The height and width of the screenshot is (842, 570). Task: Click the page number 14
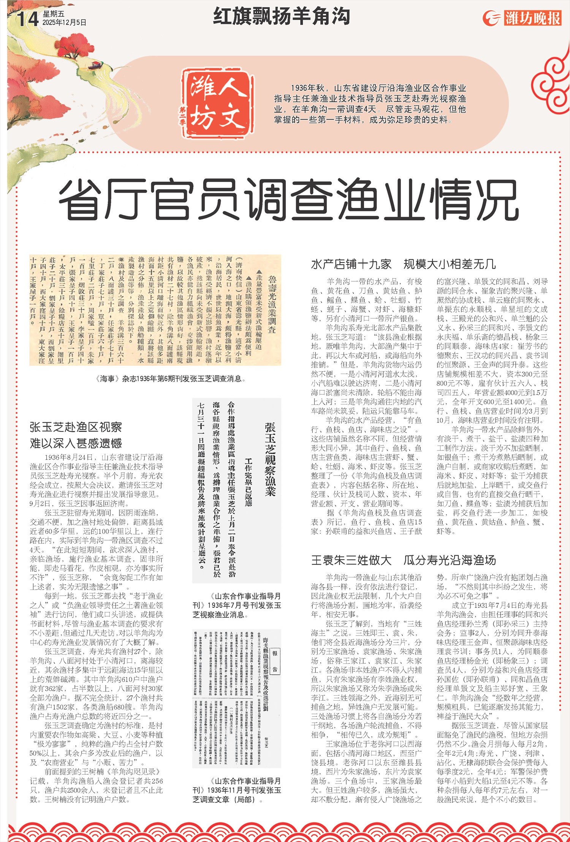(x=27, y=18)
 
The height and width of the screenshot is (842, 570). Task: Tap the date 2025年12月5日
(x=64, y=23)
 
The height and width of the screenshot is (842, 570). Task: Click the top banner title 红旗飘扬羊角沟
(x=281, y=16)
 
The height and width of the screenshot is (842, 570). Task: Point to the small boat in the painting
(x=95, y=64)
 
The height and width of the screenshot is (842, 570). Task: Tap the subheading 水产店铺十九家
(x=351, y=264)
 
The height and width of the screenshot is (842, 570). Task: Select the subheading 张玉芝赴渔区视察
(x=76, y=427)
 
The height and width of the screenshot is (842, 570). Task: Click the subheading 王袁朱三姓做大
(x=351, y=560)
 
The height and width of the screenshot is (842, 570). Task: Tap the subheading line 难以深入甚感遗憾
(x=76, y=443)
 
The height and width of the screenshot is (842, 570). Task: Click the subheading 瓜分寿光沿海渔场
(x=450, y=560)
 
